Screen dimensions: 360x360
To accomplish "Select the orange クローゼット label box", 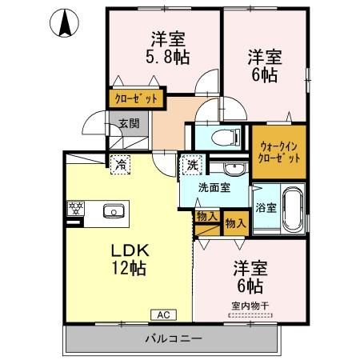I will [x=137, y=99].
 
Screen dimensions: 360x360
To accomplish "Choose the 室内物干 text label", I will [x=250, y=305].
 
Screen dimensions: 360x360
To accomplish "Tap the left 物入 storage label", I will [x=206, y=216].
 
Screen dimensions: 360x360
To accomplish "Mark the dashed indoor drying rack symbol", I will [x=250, y=315].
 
